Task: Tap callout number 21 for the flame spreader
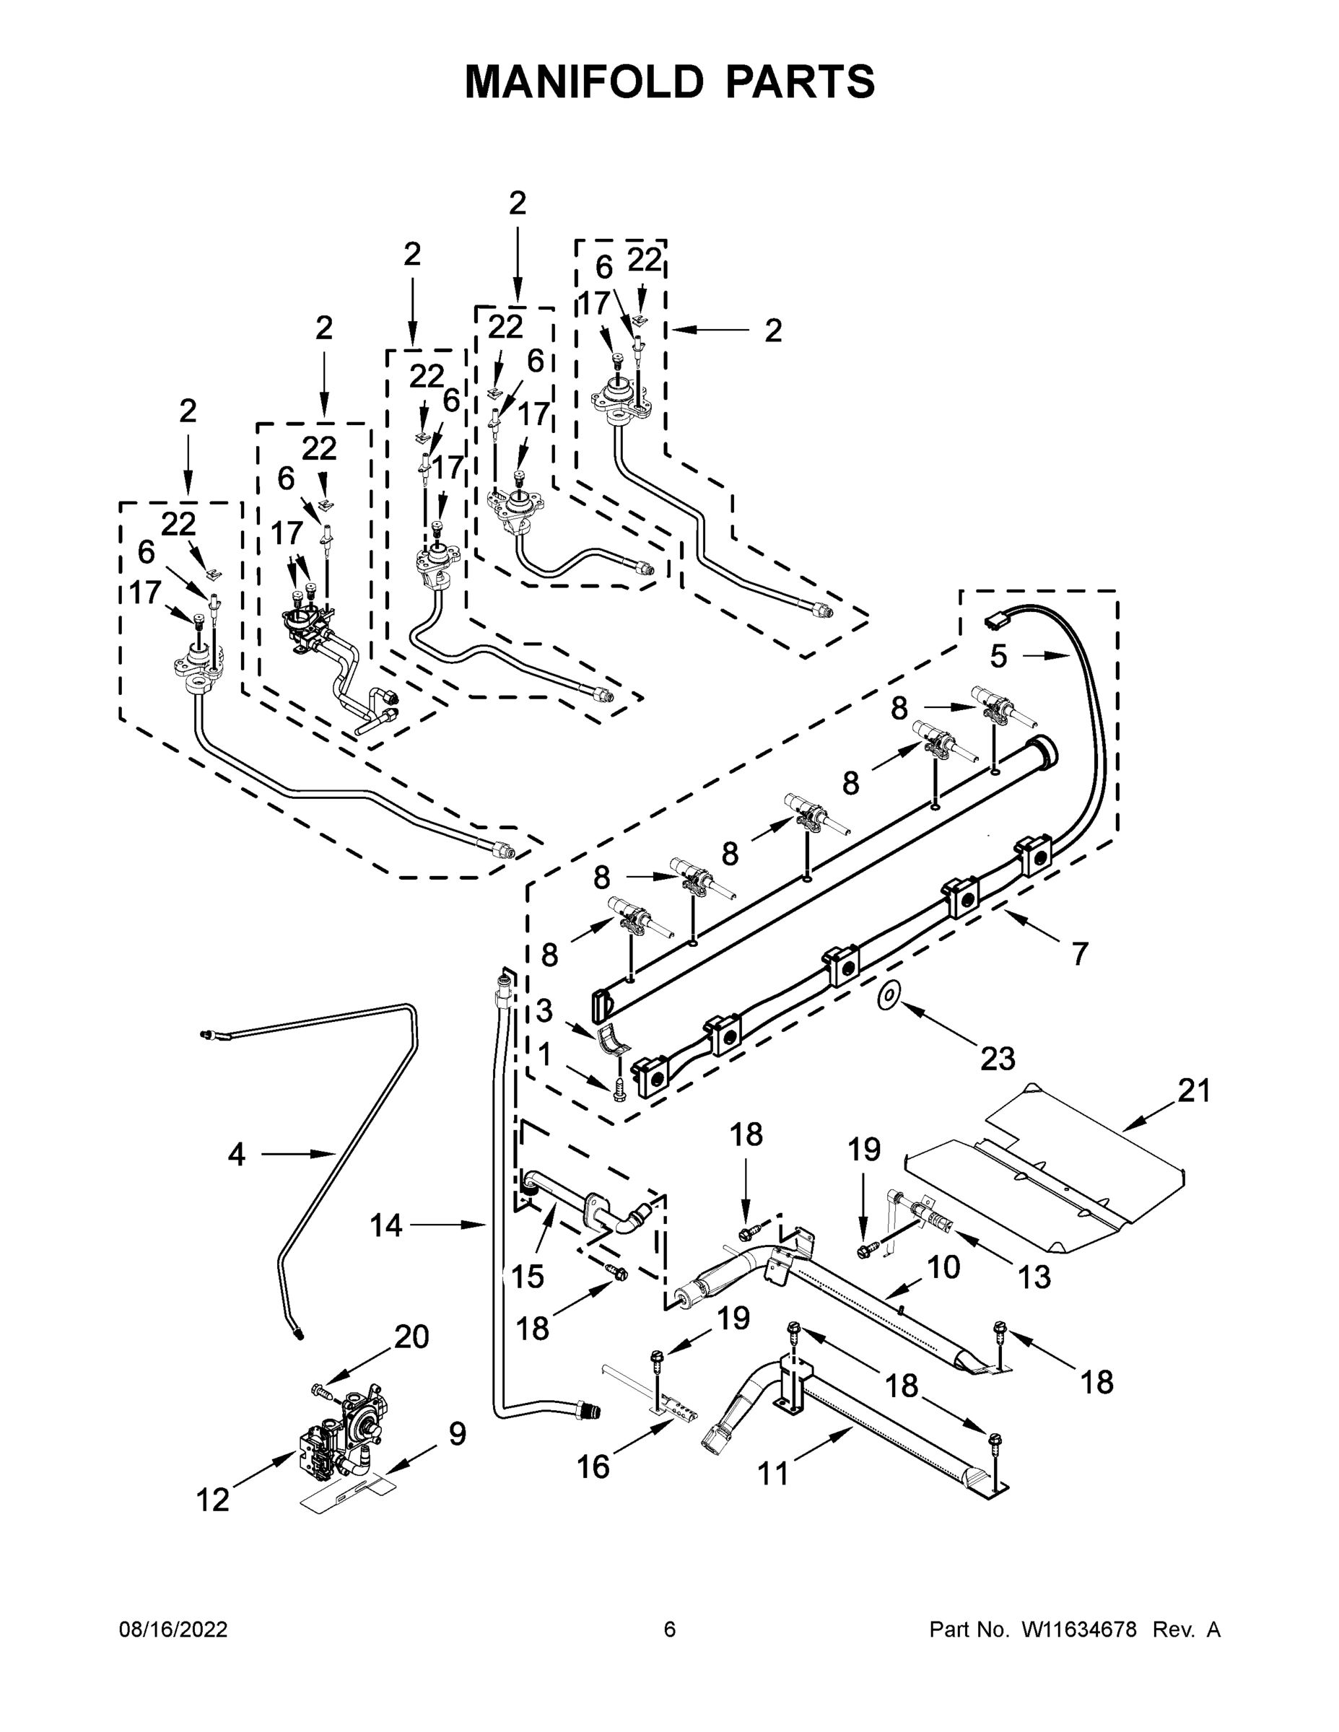pos(1194,1091)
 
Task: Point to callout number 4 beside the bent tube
pos(235,1155)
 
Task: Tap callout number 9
pos(457,1434)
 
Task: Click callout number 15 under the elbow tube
pos(528,1276)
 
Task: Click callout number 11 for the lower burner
pos(773,1474)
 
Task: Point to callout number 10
pos(943,1267)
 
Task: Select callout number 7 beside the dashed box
pos(1080,953)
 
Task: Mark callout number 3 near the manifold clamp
pos(544,1011)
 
